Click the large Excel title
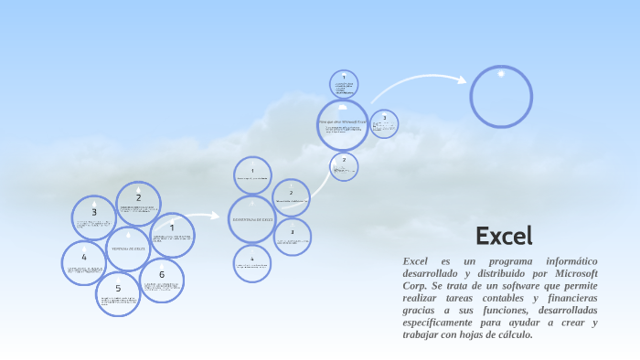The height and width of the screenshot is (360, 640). tap(504, 236)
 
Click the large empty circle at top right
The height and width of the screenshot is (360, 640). tap(501, 97)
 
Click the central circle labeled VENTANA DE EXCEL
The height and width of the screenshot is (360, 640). tap(128, 249)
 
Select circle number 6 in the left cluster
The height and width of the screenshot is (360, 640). tap(162, 280)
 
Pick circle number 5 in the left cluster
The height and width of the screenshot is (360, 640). tap(118, 293)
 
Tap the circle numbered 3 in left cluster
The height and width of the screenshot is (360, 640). tap(94, 217)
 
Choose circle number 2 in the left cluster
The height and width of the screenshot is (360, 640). tap(139, 203)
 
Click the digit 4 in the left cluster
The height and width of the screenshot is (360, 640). tap(83, 257)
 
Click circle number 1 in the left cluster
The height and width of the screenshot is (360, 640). tap(172, 235)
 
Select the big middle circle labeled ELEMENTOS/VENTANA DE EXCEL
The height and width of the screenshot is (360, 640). tap(252, 219)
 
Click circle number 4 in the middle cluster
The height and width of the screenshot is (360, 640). tap(252, 263)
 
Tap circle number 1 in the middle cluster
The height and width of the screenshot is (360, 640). tap(252, 175)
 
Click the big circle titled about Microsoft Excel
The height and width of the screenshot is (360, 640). tap(343, 124)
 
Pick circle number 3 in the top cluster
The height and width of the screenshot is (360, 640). tap(384, 123)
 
